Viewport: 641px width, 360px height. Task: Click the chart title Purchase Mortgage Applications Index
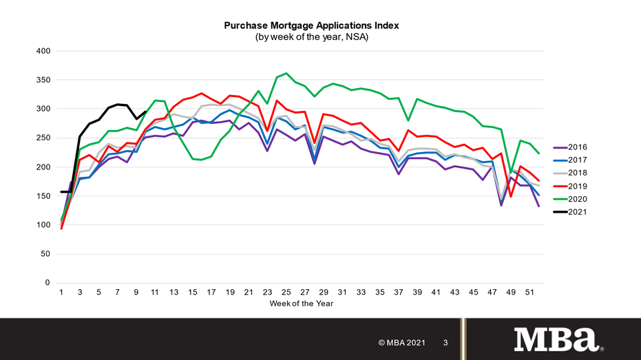311,25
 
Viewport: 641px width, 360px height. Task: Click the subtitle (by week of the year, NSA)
311,36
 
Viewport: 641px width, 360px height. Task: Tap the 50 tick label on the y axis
45,254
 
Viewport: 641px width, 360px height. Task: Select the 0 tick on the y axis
48,283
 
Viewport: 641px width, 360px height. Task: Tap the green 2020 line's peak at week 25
286,73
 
